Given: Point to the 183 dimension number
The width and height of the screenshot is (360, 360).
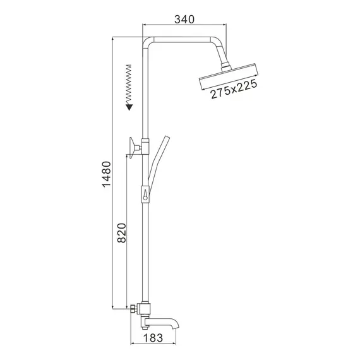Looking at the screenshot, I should click(x=155, y=339).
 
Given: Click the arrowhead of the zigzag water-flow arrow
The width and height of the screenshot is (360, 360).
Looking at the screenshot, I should click(x=129, y=107).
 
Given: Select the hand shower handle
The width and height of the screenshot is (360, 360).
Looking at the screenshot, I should click(x=158, y=158).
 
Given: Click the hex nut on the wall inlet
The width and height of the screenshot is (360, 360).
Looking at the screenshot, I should click(x=134, y=310).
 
